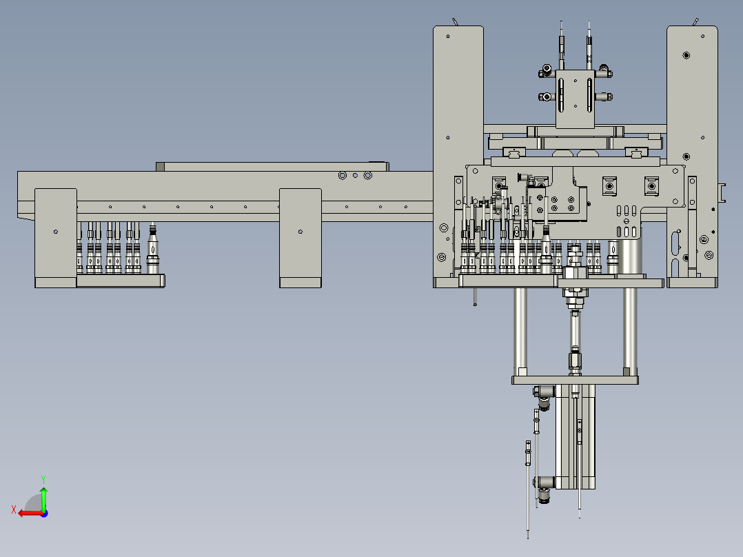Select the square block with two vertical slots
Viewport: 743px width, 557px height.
[x=575, y=97]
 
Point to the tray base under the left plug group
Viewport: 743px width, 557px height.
[x=121, y=281]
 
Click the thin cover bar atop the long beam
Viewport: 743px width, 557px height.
[x=272, y=166]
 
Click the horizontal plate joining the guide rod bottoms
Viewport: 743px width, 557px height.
[x=575, y=380]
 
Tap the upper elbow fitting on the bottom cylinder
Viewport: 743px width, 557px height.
[x=545, y=395]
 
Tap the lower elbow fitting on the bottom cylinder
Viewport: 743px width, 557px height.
[x=545, y=484]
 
